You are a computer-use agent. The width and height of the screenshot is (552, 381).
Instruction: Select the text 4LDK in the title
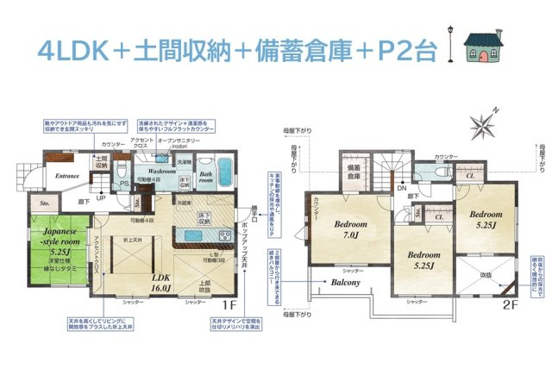73,50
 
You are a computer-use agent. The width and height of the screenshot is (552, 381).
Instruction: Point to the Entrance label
66,176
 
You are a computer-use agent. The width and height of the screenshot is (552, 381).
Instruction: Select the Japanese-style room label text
59,237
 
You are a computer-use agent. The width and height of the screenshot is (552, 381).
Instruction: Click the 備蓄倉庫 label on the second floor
354,171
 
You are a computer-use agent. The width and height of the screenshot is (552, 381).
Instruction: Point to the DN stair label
402,187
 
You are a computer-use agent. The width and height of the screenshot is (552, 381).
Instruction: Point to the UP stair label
101,197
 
